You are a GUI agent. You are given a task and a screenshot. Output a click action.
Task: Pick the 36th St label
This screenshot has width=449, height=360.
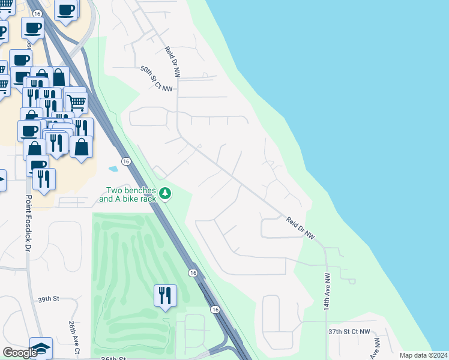click(x=113, y=358)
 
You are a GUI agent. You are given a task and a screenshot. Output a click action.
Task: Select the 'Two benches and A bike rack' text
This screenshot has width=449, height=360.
click(x=127, y=194)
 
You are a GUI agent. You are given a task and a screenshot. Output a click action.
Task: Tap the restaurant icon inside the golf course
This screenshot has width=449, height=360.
click(x=165, y=295)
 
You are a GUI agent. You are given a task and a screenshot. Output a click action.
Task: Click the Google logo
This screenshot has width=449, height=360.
click(x=20, y=352)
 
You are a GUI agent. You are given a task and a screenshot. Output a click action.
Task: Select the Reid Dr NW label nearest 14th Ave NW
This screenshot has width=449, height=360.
click(x=301, y=229)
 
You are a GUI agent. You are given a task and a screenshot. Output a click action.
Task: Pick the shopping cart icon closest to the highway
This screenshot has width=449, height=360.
click(x=76, y=101)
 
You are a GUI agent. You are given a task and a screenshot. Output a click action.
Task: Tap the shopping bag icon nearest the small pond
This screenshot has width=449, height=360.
click(x=82, y=146)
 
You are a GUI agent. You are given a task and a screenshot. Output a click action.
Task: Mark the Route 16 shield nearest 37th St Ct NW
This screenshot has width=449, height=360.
click(x=215, y=309)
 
